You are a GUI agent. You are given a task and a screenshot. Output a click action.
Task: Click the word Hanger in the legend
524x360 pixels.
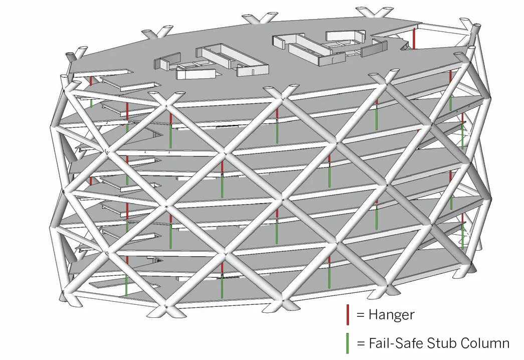[x=391, y=315]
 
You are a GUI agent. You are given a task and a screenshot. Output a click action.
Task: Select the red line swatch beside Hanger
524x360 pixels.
[x=347, y=314]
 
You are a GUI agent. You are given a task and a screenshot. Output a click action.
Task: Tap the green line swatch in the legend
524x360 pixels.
[x=347, y=343]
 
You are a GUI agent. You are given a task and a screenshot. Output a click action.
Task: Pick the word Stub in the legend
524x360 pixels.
[x=439, y=343]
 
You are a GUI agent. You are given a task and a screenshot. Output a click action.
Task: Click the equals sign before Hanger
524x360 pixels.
[x=360, y=315]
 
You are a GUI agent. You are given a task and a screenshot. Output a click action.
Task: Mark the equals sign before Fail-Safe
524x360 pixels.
[x=360, y=344]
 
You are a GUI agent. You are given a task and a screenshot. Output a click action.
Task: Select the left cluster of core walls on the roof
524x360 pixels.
[x=211, y=63]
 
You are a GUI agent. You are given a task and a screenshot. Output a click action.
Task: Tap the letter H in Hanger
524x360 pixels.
[x=373, y=315]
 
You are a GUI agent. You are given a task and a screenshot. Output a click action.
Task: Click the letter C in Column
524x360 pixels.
[x=463, y=343]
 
